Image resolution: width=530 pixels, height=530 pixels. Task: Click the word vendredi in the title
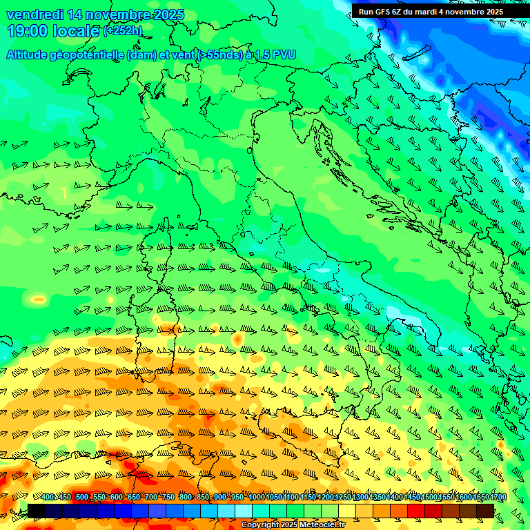pos(35,14)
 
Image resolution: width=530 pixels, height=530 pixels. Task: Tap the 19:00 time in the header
pos(28,31)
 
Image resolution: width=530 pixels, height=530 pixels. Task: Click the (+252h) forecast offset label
pos(123,30)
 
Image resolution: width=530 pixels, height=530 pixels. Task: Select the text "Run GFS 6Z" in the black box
pos(381,12)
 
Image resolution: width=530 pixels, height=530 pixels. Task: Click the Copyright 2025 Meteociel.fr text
pos(293,525)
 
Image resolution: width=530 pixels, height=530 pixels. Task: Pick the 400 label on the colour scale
pos(48,498)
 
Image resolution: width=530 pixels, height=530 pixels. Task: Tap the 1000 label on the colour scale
pos(256,498)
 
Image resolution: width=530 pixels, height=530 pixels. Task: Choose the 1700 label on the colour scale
pos(481,498)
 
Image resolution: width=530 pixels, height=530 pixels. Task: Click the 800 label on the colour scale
pos(186,498)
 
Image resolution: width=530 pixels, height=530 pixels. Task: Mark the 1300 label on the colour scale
pos(360,498)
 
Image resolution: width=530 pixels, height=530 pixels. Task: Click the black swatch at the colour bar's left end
pos(36,511)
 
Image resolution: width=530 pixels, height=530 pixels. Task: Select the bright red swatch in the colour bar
pos(416,511)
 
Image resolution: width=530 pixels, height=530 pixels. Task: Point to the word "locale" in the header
pos(76,31)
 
